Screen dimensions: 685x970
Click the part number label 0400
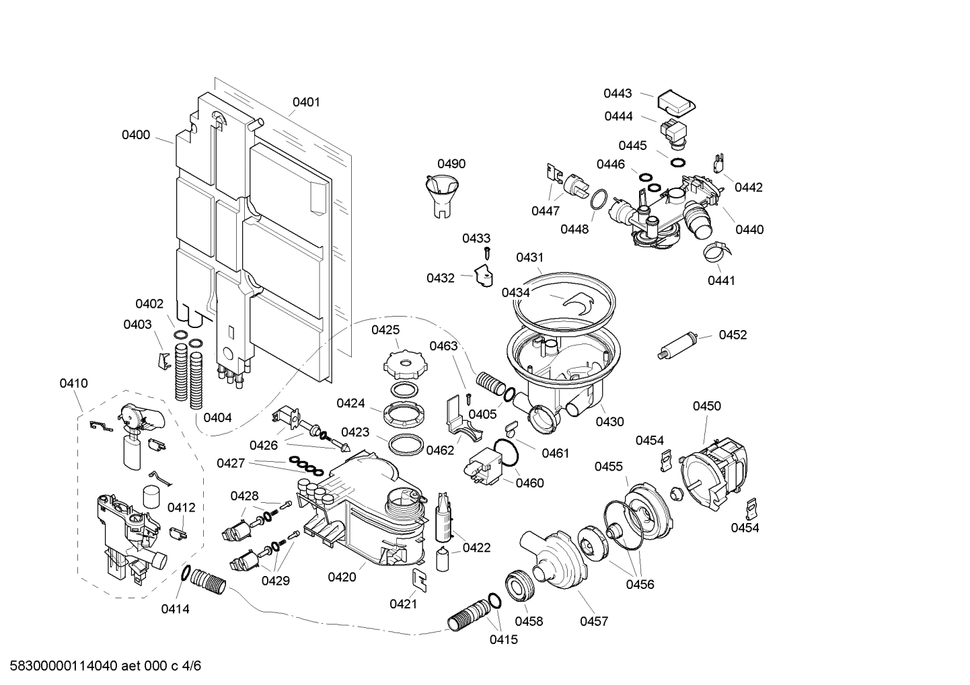[136, 135]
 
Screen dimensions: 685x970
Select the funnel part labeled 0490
[441, 192]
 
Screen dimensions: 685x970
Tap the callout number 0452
[733, 335]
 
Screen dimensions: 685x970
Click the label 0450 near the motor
[706, 406]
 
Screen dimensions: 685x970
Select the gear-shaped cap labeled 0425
[401, 364]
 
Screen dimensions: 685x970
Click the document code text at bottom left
[101, 666]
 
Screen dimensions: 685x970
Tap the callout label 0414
[175, 609]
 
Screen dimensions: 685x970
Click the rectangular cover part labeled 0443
[675, 103]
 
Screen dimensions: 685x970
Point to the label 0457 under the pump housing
[594, 621]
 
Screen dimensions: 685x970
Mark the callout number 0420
[342, 577]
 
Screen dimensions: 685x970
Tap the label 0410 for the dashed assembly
[73, 384]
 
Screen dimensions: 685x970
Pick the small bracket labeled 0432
[482, 276]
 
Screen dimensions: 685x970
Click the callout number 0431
[529, 257]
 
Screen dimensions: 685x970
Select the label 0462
[440, 450]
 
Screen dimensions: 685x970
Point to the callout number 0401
[306, 102]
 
